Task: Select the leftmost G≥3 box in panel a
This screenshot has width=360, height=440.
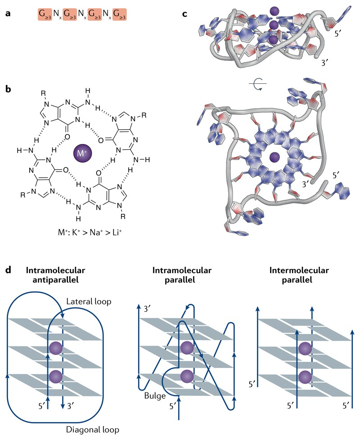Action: click(45, 15)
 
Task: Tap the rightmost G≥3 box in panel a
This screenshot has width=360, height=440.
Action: click(119, 15)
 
